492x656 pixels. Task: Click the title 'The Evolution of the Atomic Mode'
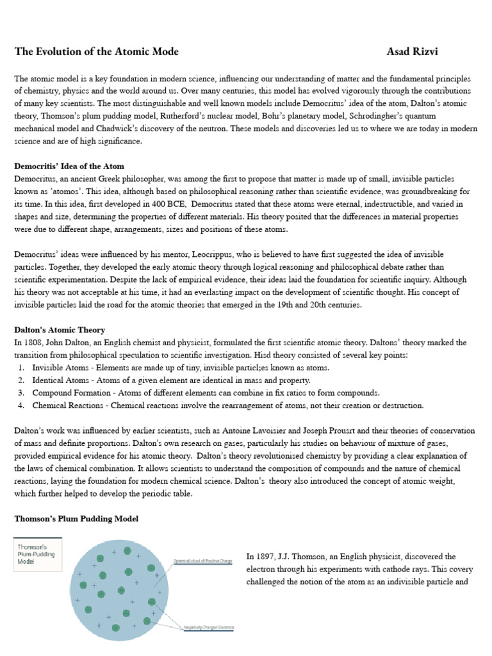97,51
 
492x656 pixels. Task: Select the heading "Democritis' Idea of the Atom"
69,167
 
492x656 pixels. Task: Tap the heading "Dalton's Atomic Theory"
60,330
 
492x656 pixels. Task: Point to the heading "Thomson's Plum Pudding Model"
76,518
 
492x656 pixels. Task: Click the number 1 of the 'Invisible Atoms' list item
21,368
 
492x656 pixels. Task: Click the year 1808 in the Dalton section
32,343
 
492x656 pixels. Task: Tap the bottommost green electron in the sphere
115,627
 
